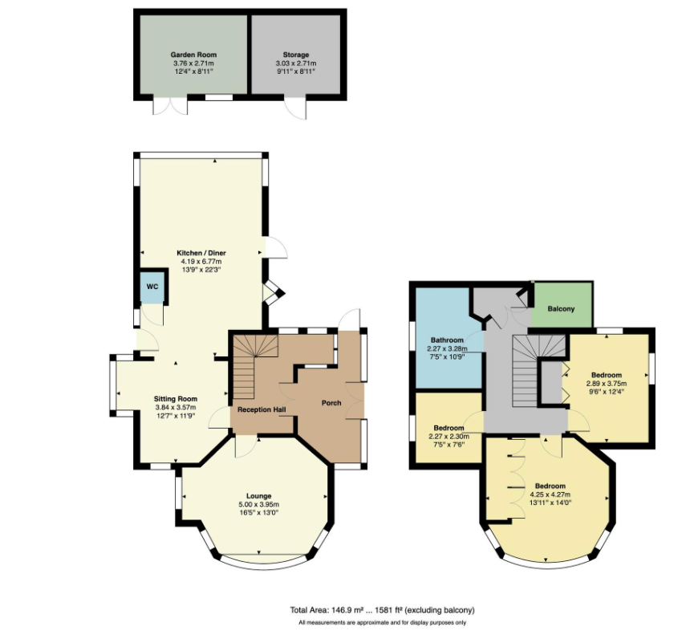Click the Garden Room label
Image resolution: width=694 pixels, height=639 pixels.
point(193,55)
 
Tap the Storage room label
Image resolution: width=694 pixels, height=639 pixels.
point(296,55)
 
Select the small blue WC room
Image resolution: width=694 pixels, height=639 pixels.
point(152,287)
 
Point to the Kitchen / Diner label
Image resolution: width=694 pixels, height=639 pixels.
point(201,253)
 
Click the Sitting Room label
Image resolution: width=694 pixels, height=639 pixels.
point(176,399)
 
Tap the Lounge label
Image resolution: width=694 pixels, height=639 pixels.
point(259,496)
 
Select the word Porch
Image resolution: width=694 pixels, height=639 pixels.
point(331,403)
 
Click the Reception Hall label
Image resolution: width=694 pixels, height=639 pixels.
point(262,409)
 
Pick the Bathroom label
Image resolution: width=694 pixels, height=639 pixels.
point(447,340)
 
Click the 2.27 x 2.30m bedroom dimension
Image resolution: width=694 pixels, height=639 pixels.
point(448,437)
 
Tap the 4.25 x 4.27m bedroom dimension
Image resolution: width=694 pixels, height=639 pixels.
point(550,495)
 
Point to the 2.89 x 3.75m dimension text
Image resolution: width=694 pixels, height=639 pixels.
point(607,384)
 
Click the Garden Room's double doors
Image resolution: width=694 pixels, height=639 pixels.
point(170,104)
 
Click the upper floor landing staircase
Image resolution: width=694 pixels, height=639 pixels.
point(538,371)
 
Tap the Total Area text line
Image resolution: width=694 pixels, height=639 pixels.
point(382,610)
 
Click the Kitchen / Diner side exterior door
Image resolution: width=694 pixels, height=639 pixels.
point(276,247)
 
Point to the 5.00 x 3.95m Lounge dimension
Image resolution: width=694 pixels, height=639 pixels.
point(259,504)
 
